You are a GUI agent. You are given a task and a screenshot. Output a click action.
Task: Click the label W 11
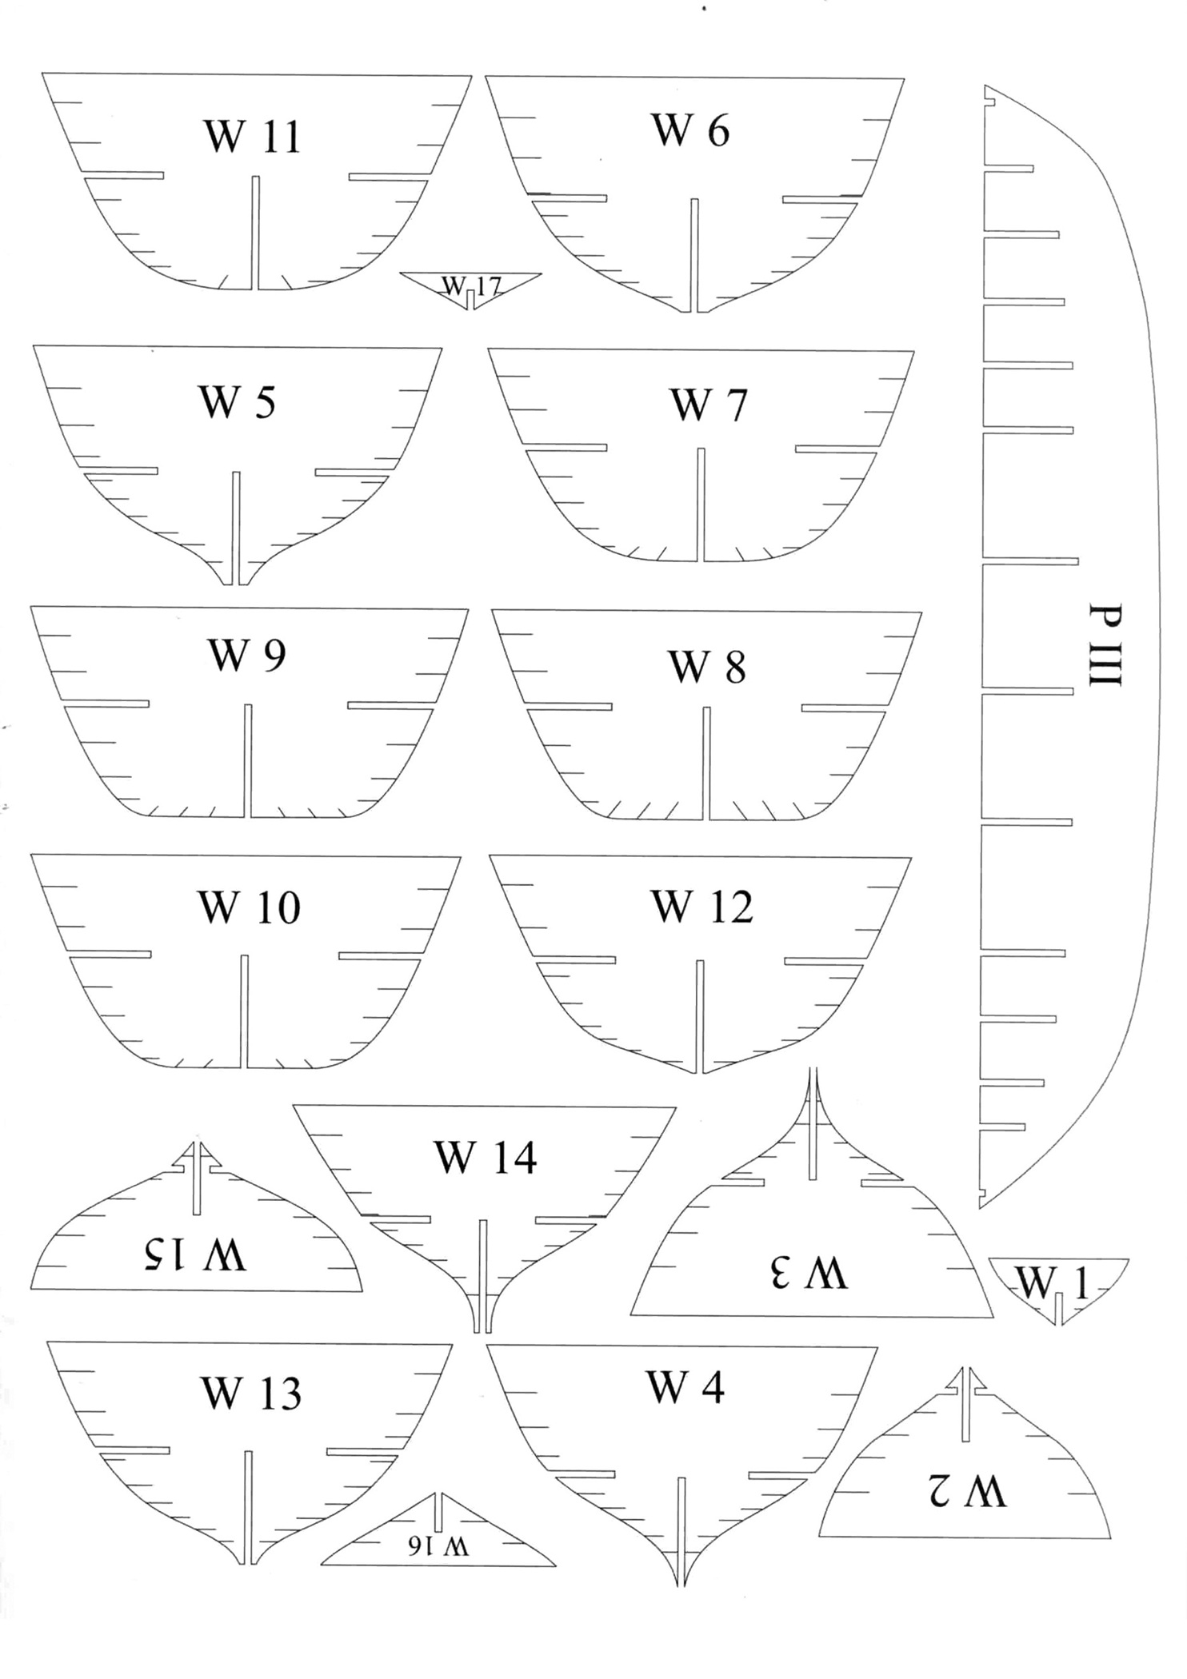(x=253, y=136)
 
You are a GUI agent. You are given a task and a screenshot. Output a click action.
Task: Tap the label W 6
(x=690, y=130)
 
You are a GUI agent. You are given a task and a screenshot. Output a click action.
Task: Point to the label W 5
(x=237, y=402)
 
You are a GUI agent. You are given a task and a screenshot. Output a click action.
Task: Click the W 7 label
(x=708, y=405)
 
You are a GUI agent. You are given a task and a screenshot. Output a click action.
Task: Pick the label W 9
(x=246, y=656)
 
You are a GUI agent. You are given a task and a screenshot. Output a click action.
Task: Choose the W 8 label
(x=707, y=667)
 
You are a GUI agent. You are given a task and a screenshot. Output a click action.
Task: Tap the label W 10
(x=249, y=907)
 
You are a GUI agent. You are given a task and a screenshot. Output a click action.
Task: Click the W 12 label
(x=702, y=907)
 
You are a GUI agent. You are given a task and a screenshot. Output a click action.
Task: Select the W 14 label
(x=485, y=1157)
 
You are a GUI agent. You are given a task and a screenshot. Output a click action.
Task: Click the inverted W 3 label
(x=809, y=1272)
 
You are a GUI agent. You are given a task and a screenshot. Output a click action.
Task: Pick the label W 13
(x=250, y=1394)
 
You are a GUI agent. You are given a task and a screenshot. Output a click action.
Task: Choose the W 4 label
(x=685, y=1387)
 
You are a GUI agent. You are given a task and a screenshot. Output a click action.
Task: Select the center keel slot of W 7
(x=701, y=504)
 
